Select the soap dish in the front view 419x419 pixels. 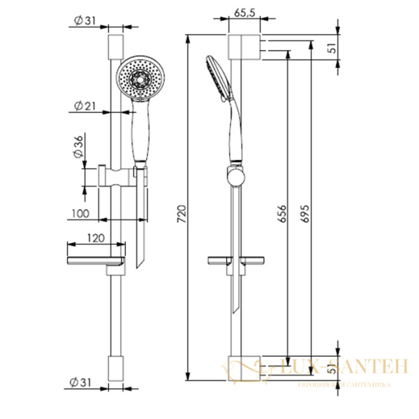coord(96,263)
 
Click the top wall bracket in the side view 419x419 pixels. coord(244,48)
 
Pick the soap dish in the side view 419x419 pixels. coord(238,262)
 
